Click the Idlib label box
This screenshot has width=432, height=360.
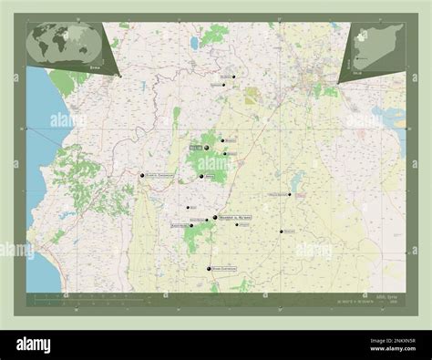(x=195, y=147)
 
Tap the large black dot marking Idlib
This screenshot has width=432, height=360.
(x=207, y=148)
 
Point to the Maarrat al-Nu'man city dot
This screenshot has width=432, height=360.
(x=215, y=218)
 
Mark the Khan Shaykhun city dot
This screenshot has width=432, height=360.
(x=210, y=269)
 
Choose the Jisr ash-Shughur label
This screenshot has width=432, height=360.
(x=158, y=175)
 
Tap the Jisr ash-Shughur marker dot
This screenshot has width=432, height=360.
(x=142, y=175)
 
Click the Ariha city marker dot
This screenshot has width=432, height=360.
(x=201, y=176)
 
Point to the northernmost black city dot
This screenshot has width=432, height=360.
(x=233, y=77)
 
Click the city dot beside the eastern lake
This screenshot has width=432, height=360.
(x=290, y=194)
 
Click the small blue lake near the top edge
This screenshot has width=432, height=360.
(x=194, y=42)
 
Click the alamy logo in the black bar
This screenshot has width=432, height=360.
(x=46, y=344)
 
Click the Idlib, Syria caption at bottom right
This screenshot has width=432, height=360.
(x=372, y=297)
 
